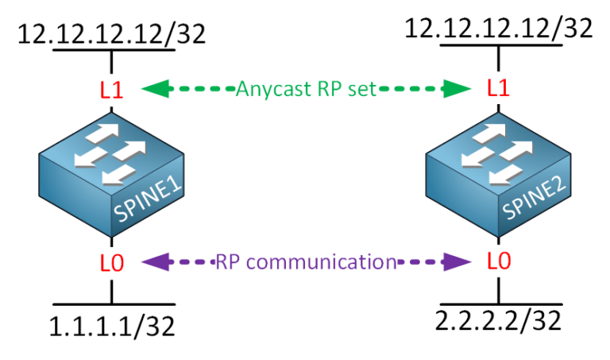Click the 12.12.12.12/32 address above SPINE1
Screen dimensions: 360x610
(112, 34)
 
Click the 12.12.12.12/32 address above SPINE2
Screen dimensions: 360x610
(499, 29)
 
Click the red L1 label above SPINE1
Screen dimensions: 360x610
(112, 89)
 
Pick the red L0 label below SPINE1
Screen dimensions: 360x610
(112, 261)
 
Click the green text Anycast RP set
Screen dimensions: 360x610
(304, 88)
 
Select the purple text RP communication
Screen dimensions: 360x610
(305, 261)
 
